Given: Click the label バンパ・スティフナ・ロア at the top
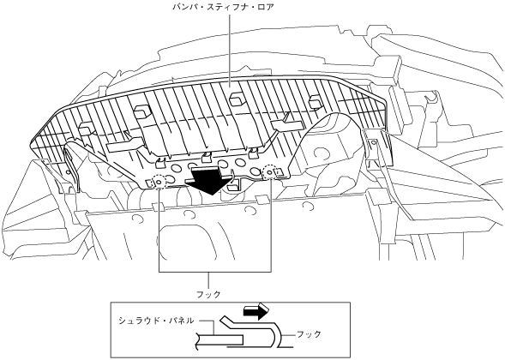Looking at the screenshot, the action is pyautogui.click(x=223, y=7).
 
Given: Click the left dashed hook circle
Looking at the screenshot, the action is pyautogui.click(x=159, y=183).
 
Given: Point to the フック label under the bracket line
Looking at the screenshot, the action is pyautogui.click(x=208, y=294).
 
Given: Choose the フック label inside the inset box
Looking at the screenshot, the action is pyautogui.click(x=309, y=334).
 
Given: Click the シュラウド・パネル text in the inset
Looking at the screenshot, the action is pyautogui.click(x=156, y=321).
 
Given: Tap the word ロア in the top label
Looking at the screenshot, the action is pyautogui.click(x=266, y=7).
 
